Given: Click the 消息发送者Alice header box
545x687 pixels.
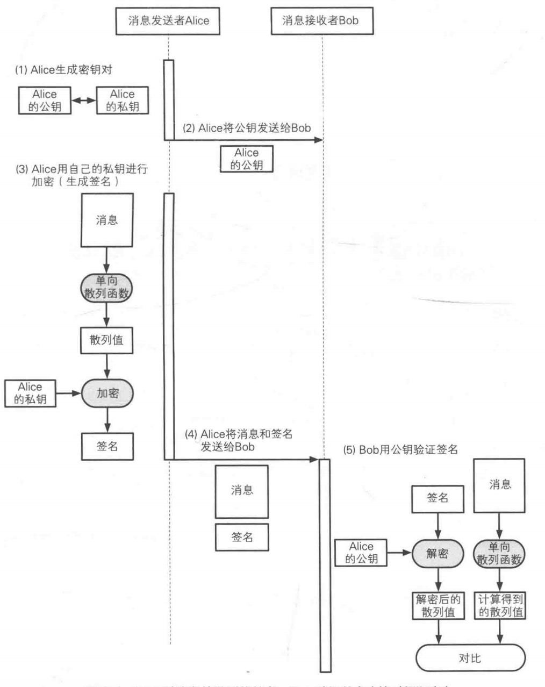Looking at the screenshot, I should point(168,22).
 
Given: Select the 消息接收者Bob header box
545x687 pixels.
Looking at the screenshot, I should point(321,22).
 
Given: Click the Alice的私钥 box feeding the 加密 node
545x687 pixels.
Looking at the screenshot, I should point(30,393).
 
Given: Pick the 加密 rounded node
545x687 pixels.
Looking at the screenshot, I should point(107,393).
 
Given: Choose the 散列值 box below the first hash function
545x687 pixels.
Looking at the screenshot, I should point(106,340).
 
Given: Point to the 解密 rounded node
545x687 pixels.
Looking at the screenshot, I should point(438,554).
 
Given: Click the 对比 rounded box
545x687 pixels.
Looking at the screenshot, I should point(470,658).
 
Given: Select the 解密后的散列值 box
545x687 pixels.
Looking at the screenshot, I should point(438,605).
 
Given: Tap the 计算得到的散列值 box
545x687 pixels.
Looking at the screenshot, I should point(500,605).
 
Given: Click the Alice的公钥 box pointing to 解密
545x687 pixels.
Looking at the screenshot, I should point(361,553).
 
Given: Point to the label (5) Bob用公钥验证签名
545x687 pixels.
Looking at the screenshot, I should point(400,450).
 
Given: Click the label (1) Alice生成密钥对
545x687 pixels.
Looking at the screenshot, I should point(64,70).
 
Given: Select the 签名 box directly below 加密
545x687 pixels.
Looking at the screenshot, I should point(107,446).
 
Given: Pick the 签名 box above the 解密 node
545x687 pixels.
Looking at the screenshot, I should point(438,498).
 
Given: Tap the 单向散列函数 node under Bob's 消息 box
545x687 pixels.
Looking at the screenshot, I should point(500,554).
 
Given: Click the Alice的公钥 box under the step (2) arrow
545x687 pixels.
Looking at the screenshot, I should point(247,159).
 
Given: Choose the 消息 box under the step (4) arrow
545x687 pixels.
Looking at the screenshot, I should point(242,490).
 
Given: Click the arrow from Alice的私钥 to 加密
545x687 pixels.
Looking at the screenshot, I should point(69,393).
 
